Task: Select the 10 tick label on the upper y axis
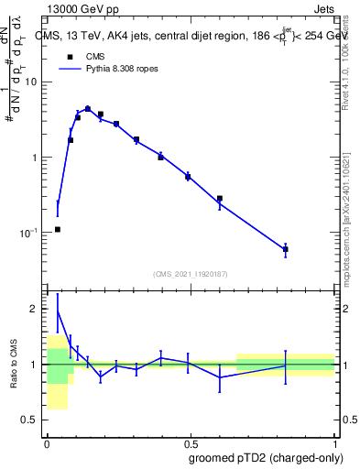tap(32, 82)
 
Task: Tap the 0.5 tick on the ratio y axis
tap(32, 420)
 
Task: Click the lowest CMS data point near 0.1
tap(58, 229)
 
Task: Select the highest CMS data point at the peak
tap(87, 109)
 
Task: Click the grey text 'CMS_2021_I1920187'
tap(190, 272)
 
